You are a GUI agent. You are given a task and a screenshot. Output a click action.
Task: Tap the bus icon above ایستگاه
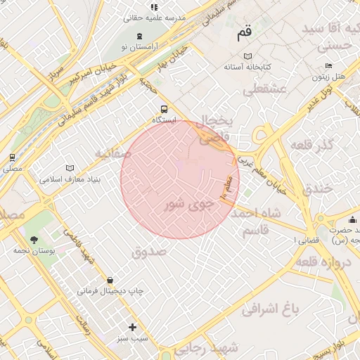click(164, 109)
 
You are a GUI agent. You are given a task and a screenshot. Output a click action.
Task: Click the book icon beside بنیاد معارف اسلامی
click(69, 168)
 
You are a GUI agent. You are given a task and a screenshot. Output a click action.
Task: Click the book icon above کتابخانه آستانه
click(247, 56)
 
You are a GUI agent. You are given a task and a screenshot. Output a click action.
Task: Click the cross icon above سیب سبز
click(132, 327)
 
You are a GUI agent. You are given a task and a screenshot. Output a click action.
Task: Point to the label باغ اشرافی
click(271, 307)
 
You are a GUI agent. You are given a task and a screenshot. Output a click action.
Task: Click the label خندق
click(318, 189)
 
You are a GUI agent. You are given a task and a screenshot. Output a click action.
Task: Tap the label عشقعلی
click(264, 89)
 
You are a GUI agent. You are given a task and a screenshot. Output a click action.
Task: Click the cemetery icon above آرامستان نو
click(139, 36)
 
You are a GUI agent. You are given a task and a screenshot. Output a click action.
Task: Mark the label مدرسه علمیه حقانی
click(155, 17)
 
